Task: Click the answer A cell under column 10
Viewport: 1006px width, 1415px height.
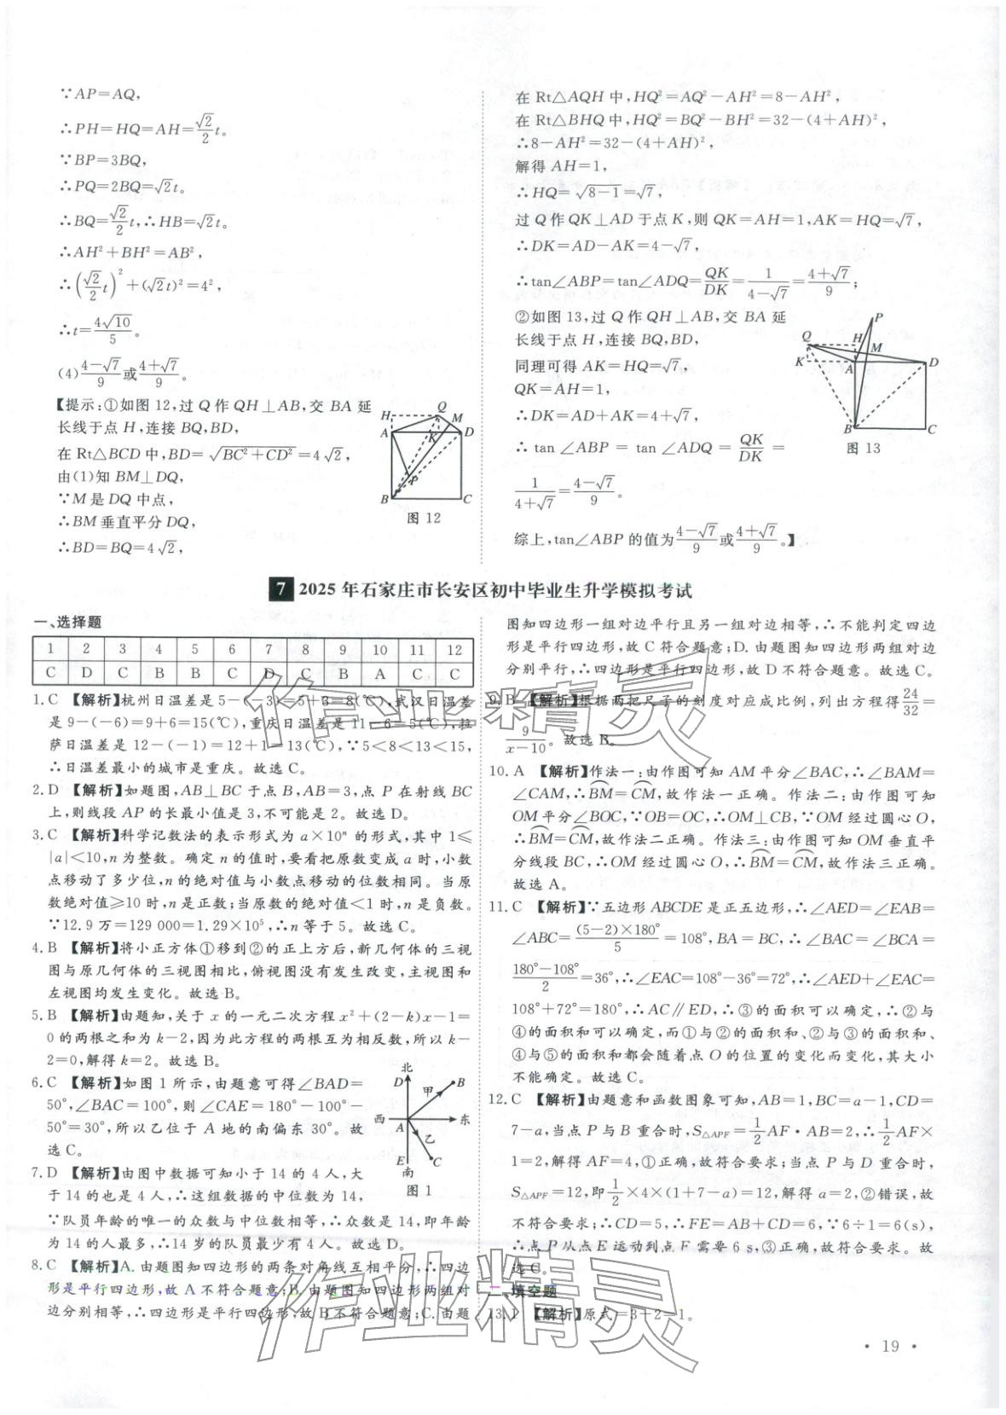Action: click(379, 674)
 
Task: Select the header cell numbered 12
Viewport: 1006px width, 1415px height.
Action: click(454, 650)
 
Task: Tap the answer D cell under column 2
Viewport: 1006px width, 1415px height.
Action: click(86, 674)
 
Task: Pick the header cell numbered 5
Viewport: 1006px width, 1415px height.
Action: click(195, 650)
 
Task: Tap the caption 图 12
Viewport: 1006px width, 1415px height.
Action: click(424, 518)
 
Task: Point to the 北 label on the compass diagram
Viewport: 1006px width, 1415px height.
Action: click(407, 1068)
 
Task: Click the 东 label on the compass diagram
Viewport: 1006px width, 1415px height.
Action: click(465, 1117)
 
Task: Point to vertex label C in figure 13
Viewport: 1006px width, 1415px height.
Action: click(932, 429)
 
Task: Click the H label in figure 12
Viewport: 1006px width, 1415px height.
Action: click(385, 415)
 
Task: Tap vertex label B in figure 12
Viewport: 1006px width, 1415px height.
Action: click(385, 500)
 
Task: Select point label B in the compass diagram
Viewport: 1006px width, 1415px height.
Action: click(460, 1082)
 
